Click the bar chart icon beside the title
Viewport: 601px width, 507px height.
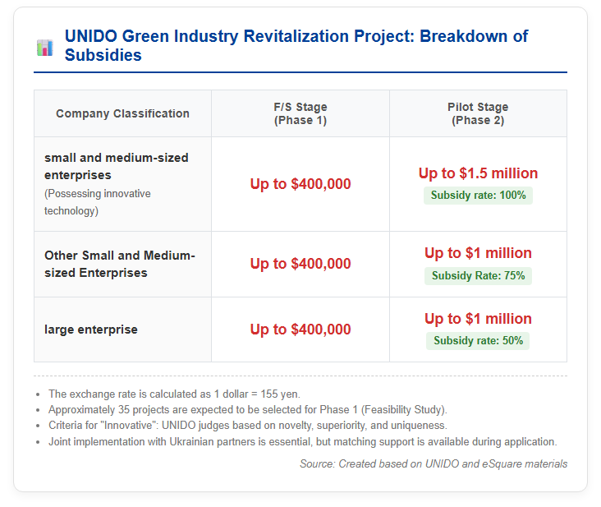pos(45,48)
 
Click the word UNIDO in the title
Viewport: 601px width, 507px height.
pos(91,36)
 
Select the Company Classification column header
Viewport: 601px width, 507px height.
pos(122,113)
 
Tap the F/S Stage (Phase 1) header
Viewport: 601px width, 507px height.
pos(300,113)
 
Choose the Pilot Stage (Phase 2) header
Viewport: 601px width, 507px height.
pos(478,113)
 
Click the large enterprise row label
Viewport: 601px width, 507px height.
pos(91,330)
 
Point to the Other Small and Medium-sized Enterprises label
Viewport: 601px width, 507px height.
pos(120,264)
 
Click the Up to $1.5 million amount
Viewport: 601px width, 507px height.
pos(478,173)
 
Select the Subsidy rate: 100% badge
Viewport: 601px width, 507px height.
pos(478,196)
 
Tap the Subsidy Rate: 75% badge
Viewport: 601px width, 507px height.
pos(478,276)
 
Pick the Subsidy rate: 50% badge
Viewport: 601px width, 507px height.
pos(478,340)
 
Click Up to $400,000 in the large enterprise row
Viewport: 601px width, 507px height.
pos(300,330)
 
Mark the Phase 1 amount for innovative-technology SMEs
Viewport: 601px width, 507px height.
pos(300,184)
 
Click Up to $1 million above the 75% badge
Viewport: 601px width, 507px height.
pos(478,253)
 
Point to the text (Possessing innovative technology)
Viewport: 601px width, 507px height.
pos(98,202)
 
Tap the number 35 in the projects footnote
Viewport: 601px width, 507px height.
pos(124,410)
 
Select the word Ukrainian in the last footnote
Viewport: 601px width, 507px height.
pos(193,442)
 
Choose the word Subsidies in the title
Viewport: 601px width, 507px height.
pos(103,55)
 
